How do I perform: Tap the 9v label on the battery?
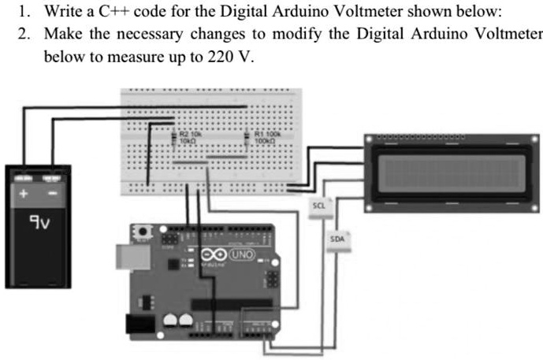point(39,222)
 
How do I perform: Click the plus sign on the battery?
point(24,193)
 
